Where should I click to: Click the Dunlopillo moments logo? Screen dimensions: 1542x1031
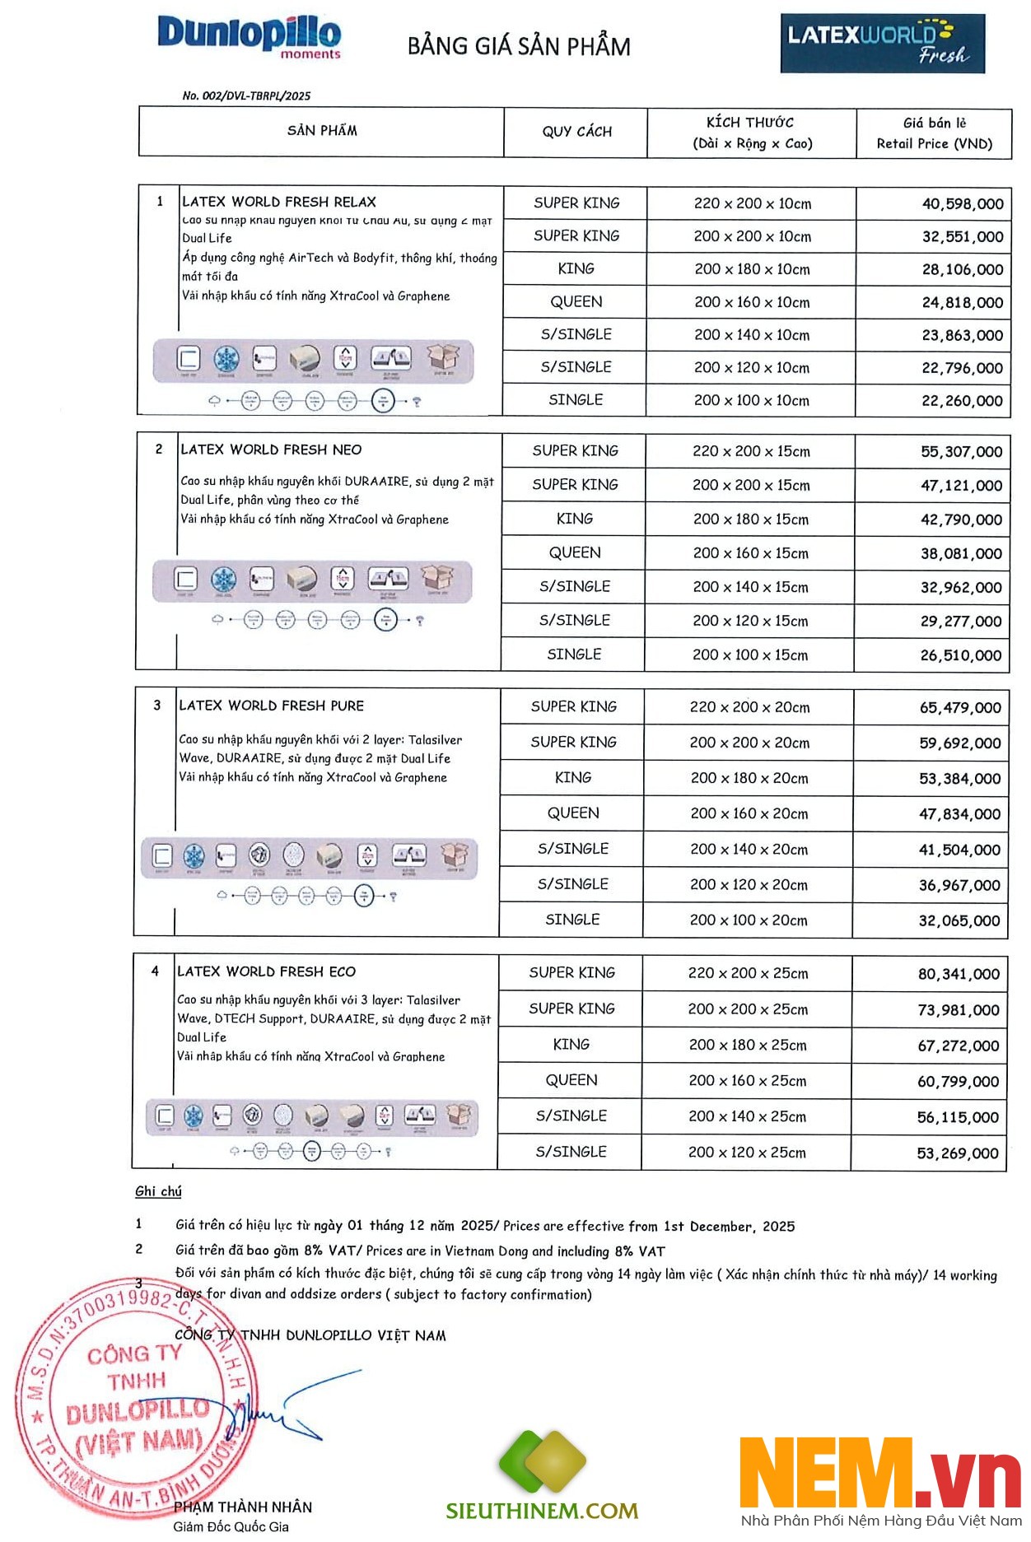[249, 36]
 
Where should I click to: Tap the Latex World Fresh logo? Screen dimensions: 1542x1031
[882, 43]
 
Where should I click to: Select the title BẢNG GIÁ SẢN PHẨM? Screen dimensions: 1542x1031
[519, 46]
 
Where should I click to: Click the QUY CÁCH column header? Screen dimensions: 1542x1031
[576, 132]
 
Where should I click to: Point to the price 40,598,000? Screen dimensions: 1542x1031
[962, 204]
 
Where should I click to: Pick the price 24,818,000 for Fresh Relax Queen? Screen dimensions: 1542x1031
[962, 303]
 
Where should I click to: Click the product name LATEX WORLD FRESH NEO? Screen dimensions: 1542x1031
[271, 450]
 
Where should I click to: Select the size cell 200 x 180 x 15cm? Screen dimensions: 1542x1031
[750, 519]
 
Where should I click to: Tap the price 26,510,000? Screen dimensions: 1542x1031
[960, 655]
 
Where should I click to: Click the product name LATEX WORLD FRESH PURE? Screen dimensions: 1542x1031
[271, 706]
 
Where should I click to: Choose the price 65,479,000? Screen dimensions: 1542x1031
[959, 708]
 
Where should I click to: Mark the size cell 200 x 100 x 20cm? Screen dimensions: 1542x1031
[749, 920]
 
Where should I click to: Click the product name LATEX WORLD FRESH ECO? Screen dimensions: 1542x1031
[266, 971]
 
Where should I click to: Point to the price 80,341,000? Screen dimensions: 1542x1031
[959, 975]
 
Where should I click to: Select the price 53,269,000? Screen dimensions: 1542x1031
[957, 1153]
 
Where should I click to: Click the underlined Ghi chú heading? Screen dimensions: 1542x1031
[158, 1191]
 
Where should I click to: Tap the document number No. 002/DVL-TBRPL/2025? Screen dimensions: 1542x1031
[246, 96]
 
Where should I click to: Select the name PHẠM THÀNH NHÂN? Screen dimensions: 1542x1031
[243, 1507]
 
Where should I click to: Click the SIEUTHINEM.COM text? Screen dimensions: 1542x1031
[542, 1511]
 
